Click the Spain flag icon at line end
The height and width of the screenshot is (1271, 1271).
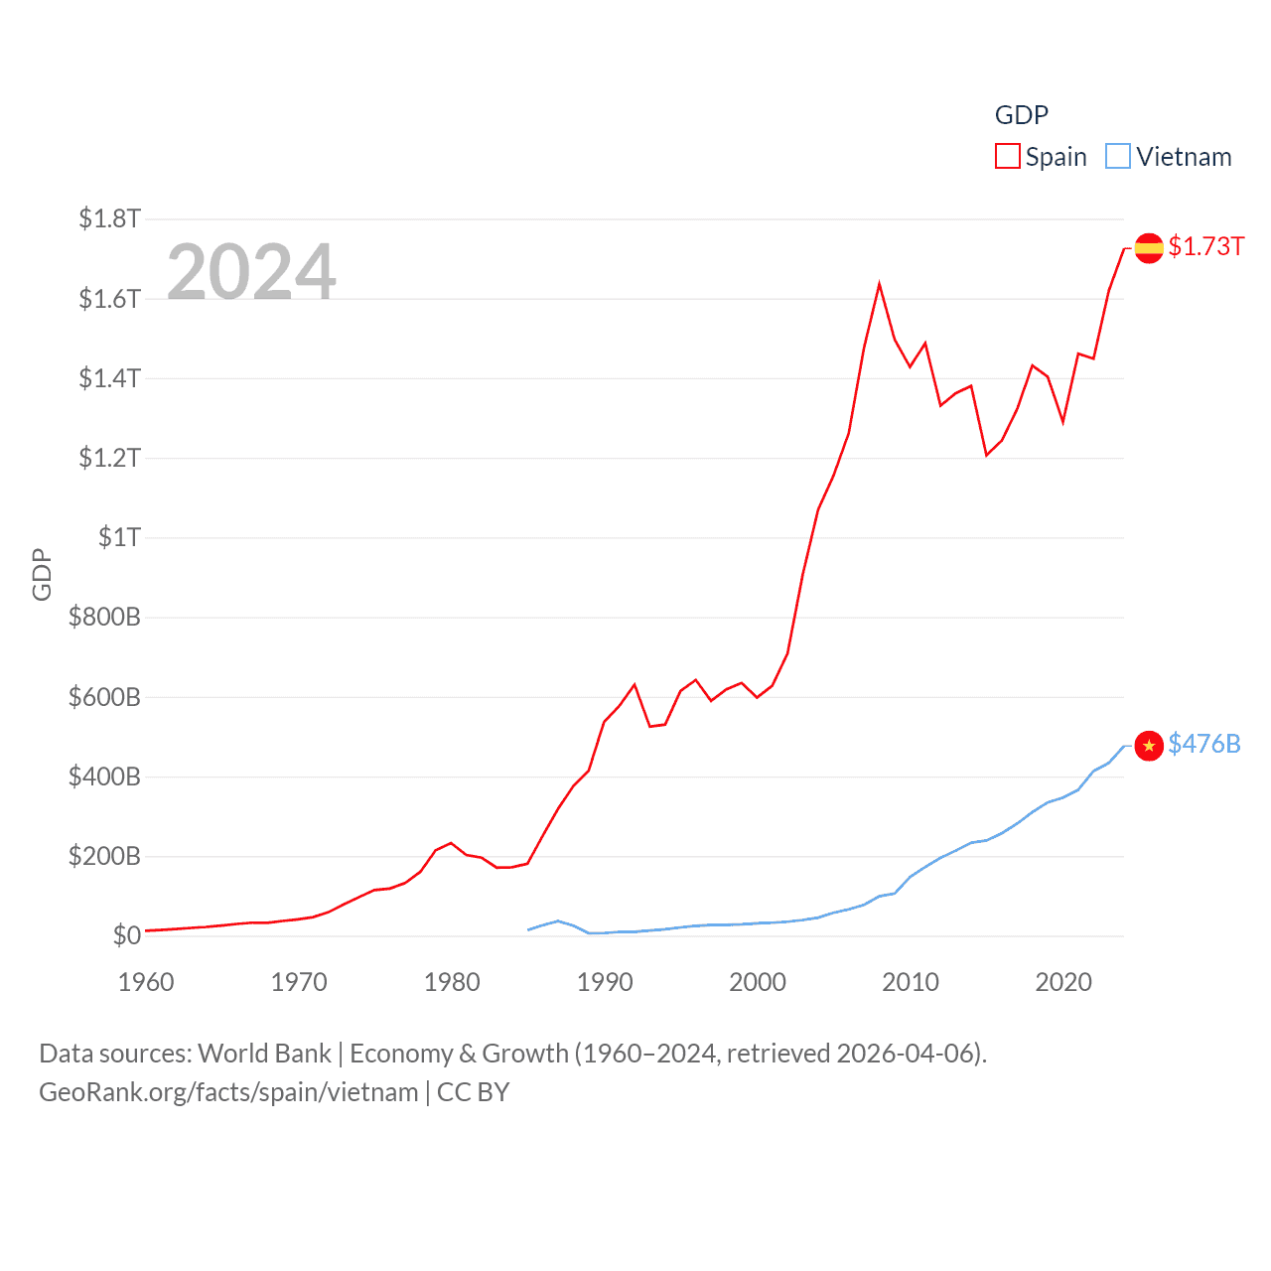(1149, 248)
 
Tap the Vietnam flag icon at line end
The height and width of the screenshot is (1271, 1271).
(1149, 746)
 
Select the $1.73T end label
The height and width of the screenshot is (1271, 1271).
(1205, 246)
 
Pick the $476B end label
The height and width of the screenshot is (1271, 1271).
(1203, 744)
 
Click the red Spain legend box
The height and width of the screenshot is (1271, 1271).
(1008, 157)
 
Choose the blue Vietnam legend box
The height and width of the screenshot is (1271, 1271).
(1118, 157)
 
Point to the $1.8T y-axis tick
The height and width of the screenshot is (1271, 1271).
(109, 218)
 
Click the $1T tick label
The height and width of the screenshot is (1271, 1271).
(119, 537)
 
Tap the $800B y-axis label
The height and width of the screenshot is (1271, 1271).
(104, 617)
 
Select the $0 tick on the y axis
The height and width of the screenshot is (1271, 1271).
(126, 935)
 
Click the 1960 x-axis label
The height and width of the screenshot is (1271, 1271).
(146, 982)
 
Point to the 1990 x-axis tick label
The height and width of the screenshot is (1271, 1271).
(605, 982)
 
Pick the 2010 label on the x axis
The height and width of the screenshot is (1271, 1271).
(911, 982)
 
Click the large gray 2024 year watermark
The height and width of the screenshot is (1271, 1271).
(251, 272)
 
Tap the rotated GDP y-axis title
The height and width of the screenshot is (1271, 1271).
(42, 574)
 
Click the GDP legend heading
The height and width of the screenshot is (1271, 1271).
(1021, 115)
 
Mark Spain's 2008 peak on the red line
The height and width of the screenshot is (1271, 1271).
(880, 285)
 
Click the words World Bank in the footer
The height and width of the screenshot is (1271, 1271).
(265, 1054)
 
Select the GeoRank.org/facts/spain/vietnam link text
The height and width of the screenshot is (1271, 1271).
(228, 1092)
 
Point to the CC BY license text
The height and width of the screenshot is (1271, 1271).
(473, 1092)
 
